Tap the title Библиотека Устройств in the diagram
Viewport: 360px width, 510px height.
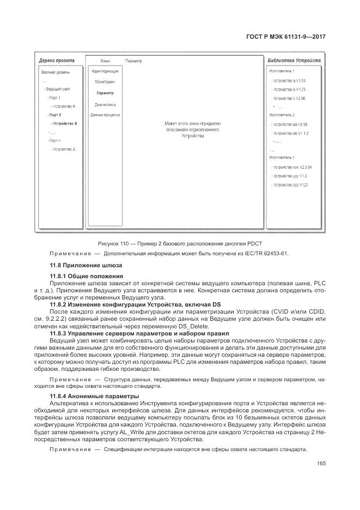click(x=294, y=61)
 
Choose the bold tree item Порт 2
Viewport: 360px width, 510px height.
click(x=55, y=115)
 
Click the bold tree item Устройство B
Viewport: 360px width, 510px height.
click(x=65, y=124)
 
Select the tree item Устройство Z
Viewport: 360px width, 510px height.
click(x=64, y=149)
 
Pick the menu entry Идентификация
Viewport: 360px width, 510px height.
click(x=105, y=71)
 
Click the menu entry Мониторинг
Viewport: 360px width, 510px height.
click(x=105, y=82)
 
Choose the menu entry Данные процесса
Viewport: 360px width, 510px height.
click(x=105, y=115)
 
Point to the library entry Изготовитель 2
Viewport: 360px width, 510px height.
click(x=282, y=115)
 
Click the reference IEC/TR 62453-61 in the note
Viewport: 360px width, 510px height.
click(x=264, y=254)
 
